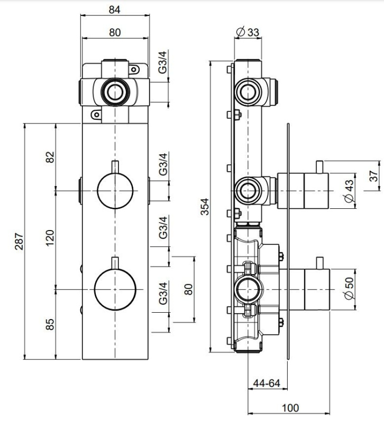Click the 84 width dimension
115,10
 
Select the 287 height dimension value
19,241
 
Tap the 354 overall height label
205,207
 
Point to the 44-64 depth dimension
267,383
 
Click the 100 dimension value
290,408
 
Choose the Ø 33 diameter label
248,32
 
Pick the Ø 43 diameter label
349,191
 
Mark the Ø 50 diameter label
349,288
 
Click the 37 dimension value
373,176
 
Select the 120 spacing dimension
50,238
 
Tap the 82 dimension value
50,157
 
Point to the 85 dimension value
50,324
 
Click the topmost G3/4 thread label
163,62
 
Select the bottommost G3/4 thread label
163,293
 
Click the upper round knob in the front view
115,191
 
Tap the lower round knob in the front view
115,289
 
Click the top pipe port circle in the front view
115,92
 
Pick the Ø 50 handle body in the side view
317,289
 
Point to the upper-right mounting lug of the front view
134,69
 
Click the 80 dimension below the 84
115,32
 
